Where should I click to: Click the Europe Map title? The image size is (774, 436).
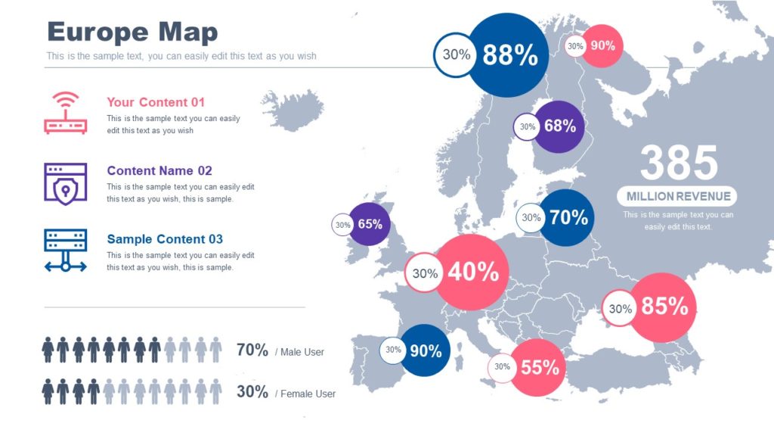click(132, 32)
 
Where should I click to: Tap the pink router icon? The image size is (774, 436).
click(66, 114)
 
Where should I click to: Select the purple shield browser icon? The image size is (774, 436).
click(66, 183)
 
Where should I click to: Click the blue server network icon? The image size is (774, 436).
click(66, 251)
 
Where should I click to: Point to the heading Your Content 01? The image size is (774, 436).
click(156, 102)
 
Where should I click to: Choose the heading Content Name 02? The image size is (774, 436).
click(159, 171)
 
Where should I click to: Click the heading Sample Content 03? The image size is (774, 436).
click(165, 239)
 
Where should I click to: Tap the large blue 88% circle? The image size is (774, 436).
click(509, 55)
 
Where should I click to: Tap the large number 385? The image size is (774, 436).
click(679, 163)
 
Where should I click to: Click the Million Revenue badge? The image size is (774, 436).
click(678, 196)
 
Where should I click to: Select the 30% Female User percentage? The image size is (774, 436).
click(252, 392)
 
